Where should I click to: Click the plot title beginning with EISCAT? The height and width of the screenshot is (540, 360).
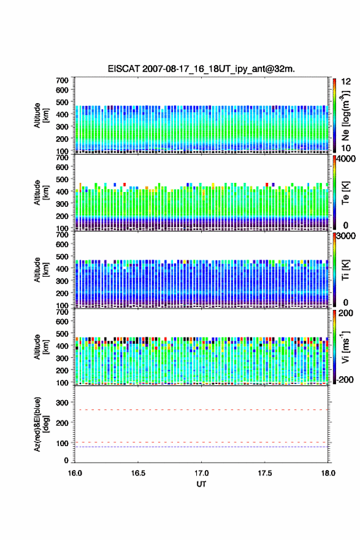pos(201,69)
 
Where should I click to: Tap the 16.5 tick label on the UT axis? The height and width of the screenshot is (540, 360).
pos(138,473)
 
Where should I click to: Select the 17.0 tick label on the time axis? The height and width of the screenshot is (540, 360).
pos(201,473)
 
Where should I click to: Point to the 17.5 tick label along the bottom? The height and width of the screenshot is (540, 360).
pos(265,473)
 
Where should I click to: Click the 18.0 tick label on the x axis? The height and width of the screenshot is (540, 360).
pos(328,473)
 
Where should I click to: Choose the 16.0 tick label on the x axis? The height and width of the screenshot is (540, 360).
pos(75,473)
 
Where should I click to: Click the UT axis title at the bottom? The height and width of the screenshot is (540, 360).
pos(201,484)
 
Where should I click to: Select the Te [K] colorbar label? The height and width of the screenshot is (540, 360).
pos(345,193)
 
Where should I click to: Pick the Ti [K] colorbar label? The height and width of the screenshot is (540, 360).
pos(345,270)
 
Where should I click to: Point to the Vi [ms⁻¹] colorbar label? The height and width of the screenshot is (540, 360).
pos(345,347)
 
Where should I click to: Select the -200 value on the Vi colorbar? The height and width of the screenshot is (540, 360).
pos(344,379)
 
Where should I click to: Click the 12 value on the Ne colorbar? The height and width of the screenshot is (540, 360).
pos(346,82)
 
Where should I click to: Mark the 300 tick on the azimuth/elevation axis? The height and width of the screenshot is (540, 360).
pos(63,403)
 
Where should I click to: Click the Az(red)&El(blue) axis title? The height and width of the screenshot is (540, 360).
pos(41,424)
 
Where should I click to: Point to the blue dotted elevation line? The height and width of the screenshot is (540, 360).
pos(201,447)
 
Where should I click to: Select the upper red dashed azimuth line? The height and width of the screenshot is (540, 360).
pos(201,410)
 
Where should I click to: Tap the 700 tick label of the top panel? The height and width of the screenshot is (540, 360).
pos(63,80)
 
